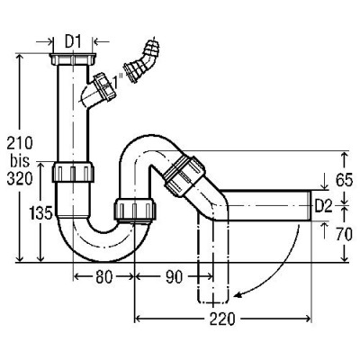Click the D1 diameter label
[73, 42]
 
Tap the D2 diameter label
[323, 207]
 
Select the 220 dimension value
[222, 319]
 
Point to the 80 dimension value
[104, 277]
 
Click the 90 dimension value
[174, 277]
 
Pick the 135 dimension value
[41, 213]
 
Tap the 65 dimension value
[344, 180]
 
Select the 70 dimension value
[344, 235]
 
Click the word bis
[20, 161]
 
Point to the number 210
[20, 143]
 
